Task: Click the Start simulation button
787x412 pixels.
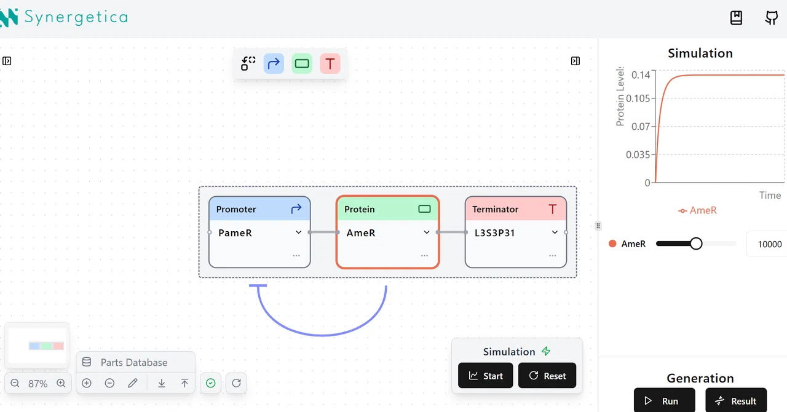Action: point(486,376)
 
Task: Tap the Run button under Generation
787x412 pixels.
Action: point(665,400)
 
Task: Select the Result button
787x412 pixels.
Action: point(736,400)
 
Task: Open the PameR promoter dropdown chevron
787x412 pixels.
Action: point(298,232)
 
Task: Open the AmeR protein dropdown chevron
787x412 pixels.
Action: point(427,232)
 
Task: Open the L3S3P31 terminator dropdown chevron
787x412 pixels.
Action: point(555,232)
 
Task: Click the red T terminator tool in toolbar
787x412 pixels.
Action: point(330,63)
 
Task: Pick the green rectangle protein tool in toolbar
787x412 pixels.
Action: point(302,63)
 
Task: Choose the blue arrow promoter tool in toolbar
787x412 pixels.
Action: point(274,63)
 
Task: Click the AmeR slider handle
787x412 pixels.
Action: point(695,244)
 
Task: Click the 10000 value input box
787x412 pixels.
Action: point(768,244)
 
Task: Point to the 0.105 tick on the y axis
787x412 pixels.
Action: point(638,98)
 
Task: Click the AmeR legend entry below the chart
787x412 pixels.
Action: point(697,210)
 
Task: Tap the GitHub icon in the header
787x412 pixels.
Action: point(772,18)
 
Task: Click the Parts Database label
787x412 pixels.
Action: point(134,362)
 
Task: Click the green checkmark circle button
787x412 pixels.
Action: point(211,383)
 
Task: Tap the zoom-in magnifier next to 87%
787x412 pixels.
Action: point(61,383)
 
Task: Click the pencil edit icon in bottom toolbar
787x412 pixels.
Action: point(132,383)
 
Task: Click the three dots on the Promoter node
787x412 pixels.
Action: point(296,256)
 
